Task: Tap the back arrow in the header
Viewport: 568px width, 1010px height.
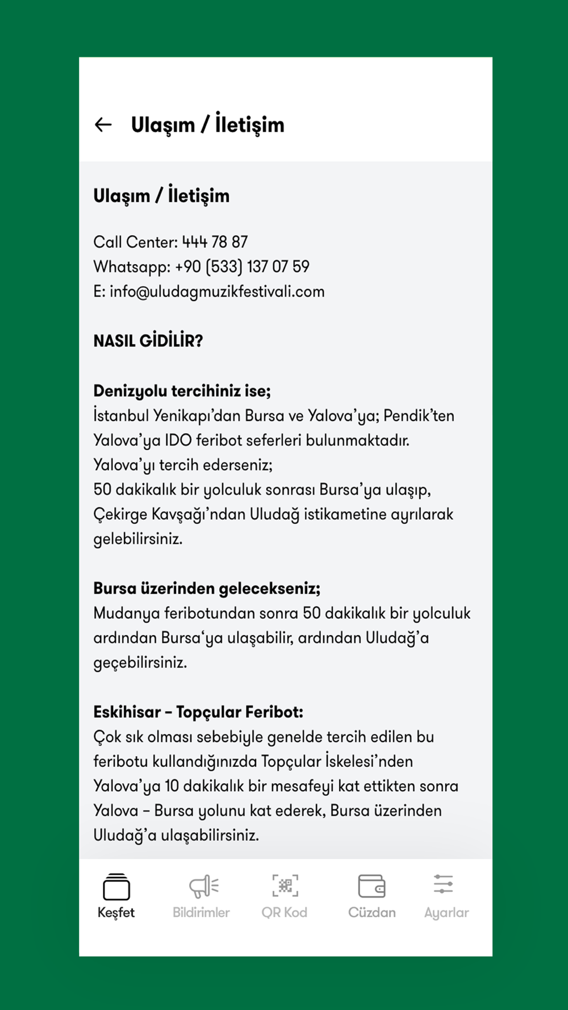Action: click(103, 125)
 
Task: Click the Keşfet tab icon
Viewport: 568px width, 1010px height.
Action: click(116, 887)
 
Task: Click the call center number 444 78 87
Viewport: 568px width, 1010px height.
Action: click(215, 243)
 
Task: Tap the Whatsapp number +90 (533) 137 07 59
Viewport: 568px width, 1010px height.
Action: click(242, 267)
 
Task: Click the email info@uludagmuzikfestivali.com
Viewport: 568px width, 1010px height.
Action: click(217, 292)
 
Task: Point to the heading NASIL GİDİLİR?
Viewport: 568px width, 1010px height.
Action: click(148, 341)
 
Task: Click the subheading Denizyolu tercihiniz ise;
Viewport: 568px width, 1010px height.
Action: click(182, 391)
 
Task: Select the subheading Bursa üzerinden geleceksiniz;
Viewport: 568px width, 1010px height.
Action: click(207, 589)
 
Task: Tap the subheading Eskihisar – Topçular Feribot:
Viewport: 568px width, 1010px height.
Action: click(198, 712)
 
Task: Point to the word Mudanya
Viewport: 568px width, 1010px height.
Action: click(126, 613)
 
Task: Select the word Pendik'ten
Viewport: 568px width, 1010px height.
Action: click(419, 416)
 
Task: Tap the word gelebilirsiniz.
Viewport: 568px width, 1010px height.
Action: click(137, 539)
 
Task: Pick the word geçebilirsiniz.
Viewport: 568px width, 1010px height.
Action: click(140, 663)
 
